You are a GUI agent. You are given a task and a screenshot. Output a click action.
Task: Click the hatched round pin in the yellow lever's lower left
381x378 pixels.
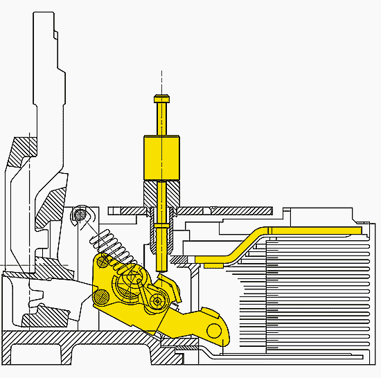[101, 296]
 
